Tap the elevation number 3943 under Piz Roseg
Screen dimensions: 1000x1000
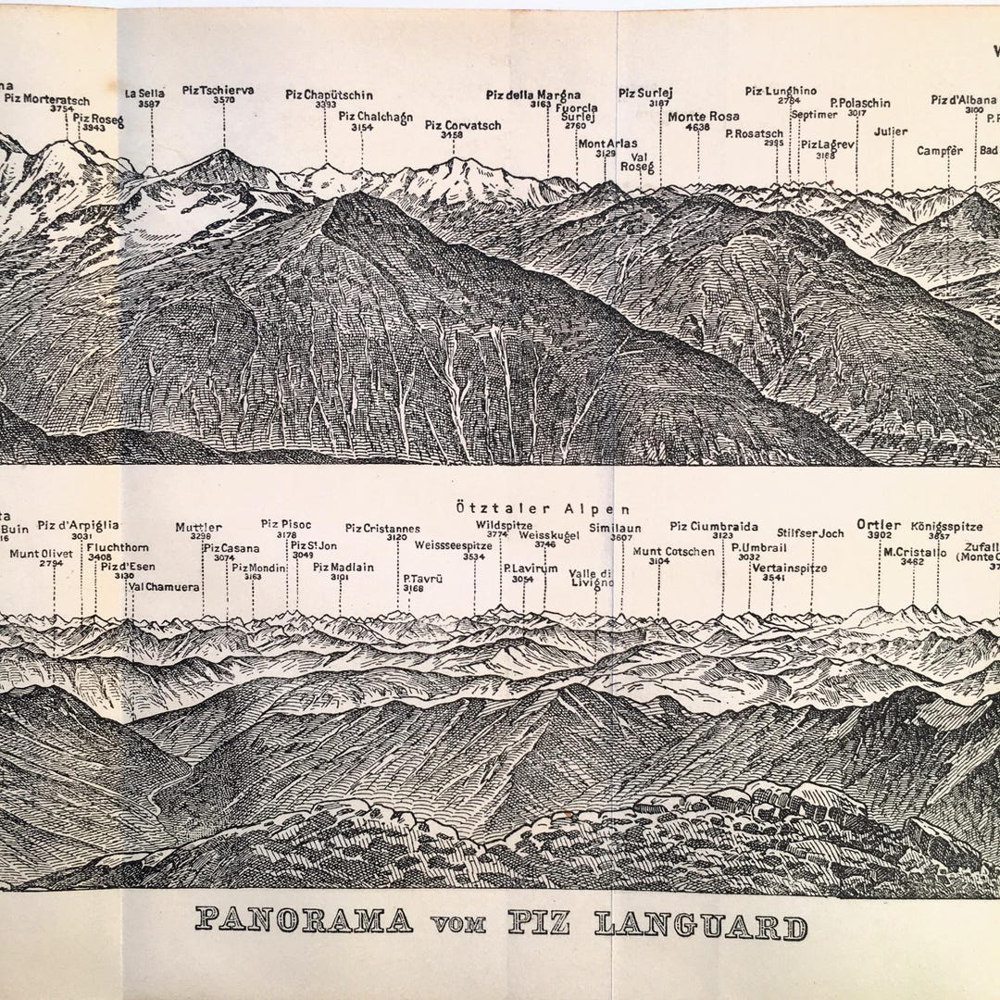[94, 128]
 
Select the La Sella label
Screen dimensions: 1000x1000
[145, 93]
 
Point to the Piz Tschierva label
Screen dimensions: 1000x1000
[218, 91]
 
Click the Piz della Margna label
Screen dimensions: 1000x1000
[533, 94]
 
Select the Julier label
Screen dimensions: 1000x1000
[890, 131]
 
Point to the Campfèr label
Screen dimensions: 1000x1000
[941, 150]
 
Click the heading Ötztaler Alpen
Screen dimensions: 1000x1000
[544, 508]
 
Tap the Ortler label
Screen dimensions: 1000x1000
[880, 522]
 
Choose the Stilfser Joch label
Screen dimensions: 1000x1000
[811, 533]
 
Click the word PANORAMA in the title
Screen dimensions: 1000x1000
[305, 922]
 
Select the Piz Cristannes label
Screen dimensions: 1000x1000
[382, 528]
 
